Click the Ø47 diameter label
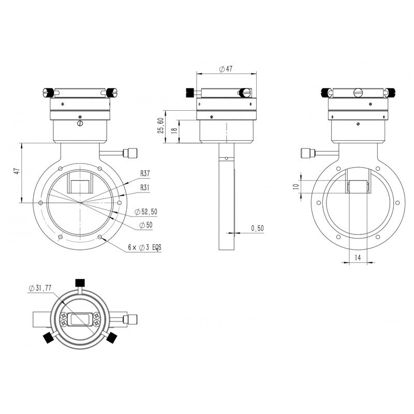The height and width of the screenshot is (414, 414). tap(226, 69)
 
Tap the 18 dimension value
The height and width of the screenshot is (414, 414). tap(175, 130)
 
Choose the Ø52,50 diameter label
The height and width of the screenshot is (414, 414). tap(146, 212)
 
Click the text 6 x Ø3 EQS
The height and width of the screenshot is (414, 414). tap(144, 248)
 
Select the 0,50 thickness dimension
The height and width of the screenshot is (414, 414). tap(257, 228)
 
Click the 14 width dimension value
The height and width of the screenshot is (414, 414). tap(358, 257)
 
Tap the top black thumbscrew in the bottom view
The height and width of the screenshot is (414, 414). tap(80, 282)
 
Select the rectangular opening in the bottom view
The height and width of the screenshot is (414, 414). tap(80, 319)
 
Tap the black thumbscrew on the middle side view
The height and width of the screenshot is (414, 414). tap(189, 93)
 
